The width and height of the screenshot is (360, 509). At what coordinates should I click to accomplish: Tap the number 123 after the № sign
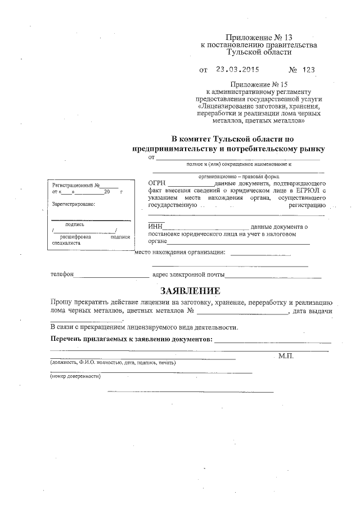point(308,70)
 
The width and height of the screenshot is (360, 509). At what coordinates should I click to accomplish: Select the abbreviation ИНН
point(154,227)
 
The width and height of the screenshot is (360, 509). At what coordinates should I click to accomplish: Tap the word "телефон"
point(61,276)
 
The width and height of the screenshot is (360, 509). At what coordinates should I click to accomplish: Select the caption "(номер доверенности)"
point(75,376)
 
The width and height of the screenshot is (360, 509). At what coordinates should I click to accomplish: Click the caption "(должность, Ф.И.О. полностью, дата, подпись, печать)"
point(113,363)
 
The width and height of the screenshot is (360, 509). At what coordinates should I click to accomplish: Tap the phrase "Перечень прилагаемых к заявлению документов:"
point(131,340)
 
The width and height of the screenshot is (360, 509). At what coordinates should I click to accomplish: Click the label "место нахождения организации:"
point(181,252)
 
